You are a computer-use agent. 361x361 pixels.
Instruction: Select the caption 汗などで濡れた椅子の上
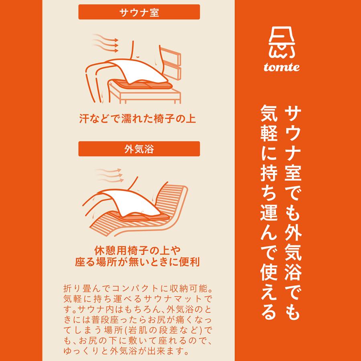[x=138, y=119]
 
